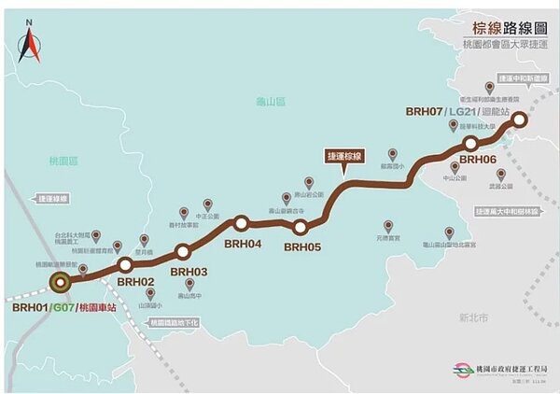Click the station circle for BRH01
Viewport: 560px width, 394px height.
61,281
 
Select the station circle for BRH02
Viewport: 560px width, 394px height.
125,265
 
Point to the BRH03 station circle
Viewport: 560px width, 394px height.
183,251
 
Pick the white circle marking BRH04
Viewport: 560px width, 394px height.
241,222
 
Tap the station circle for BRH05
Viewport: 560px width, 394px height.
301,227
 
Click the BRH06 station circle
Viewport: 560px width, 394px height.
472,143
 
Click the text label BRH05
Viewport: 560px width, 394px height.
302,247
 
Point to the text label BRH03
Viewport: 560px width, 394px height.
189,272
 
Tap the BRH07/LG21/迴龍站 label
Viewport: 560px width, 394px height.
456,112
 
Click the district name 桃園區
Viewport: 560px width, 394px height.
61,162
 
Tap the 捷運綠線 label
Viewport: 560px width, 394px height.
54,199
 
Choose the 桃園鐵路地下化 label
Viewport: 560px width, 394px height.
174,323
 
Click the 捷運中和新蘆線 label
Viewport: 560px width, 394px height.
522,77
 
